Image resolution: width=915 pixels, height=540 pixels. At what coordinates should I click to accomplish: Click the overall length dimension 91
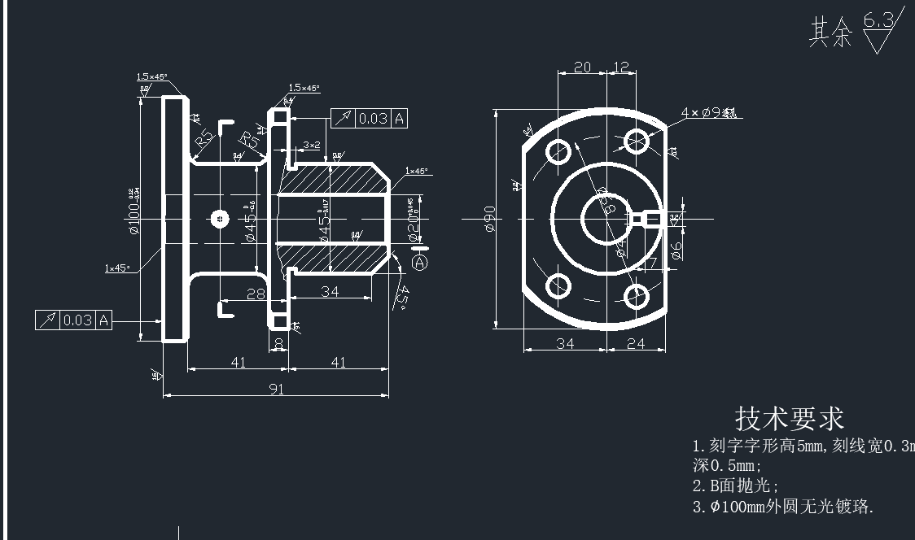point(277,390)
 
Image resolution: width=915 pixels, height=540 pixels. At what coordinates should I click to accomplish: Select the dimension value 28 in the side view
point(256,294)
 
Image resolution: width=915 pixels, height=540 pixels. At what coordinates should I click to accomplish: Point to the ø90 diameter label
point(490,218)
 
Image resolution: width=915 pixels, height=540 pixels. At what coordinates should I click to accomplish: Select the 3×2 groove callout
point(312,145)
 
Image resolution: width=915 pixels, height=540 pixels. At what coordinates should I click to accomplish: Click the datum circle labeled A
point(420,263)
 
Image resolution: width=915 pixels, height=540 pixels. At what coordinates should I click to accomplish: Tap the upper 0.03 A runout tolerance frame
point(369,119)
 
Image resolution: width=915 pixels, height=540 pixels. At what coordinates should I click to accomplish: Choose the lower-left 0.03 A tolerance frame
point(73,320)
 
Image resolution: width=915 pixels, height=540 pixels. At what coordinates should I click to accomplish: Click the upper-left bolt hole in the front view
point(558,150)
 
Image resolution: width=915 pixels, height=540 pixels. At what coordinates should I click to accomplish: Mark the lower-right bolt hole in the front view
point(637,295)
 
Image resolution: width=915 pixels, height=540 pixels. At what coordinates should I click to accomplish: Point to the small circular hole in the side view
point(219,218)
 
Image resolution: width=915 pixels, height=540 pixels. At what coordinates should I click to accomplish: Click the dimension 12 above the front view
point(621,67)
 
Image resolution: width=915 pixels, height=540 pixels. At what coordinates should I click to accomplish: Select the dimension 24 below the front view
point(636,344)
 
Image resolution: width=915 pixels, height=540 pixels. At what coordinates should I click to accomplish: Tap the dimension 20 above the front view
point(582,67)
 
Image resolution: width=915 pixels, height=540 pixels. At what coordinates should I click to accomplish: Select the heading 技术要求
point(789,419)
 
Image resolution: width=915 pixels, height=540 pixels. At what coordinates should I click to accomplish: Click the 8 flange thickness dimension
point(279,344)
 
